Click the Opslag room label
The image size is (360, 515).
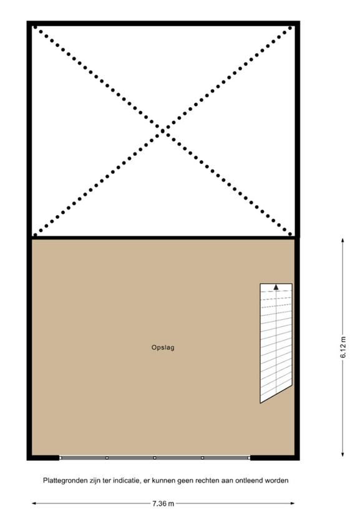[163, 347]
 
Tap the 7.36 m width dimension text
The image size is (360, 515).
[163, 503]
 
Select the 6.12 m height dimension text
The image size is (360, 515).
[343, 347]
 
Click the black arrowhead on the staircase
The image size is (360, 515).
[276, 287]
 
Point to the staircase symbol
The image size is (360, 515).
[276, 343]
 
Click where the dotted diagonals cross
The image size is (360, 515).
[163, 131]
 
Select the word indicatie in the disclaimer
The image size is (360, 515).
[125, 481]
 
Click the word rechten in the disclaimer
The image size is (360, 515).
[207, 481]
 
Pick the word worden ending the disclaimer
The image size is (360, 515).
[277, 481]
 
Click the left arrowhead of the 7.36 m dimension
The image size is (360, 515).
[34, 503]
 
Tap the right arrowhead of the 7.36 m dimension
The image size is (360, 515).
[292, 503]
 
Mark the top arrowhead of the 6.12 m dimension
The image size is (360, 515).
[343, 240]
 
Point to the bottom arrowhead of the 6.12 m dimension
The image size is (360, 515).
[343, 455]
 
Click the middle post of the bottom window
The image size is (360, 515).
[155, 458]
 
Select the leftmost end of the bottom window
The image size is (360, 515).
[61, 458]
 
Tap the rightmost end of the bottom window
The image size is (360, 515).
[249, 458]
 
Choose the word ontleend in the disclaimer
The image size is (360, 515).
[251, 481]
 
